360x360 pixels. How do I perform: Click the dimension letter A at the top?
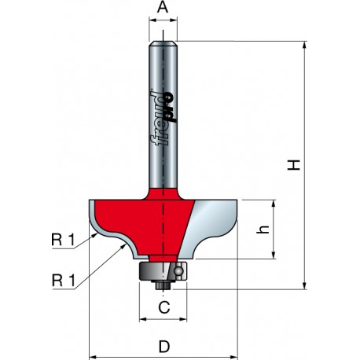(163, 7)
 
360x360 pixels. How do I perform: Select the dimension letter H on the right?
(294, 165)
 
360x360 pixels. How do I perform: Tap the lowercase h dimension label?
(263, 230)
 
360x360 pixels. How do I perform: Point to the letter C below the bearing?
(164, 307)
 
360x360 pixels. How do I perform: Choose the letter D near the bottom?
(164, 347)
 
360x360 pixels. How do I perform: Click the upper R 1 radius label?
(63, 240)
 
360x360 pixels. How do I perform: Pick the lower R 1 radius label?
(64, 281)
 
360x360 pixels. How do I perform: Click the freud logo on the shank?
(163, 118)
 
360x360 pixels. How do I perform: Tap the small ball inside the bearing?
(178, 270)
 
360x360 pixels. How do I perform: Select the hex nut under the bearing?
(163, 285)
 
